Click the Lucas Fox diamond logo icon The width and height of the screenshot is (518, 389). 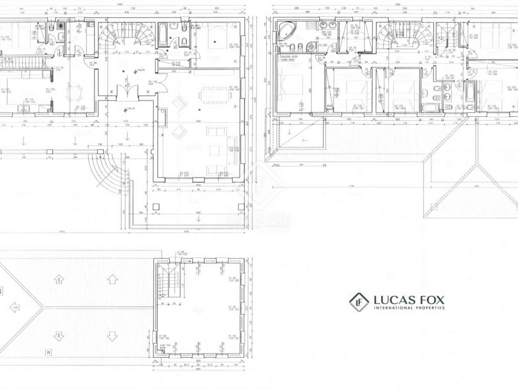tap(359, 302)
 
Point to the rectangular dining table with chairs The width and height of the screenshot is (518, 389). tap(215, 95)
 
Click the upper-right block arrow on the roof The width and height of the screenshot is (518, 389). tap(112, 279)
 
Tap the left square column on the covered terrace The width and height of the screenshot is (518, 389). tap(156, 207)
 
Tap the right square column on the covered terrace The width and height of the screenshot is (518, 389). tap(241, 207)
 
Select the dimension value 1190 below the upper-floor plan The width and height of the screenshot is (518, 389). tap(352, 186)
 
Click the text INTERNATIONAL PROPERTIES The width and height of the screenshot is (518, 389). tap(409, 308)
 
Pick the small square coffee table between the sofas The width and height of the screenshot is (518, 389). tap(214, 150)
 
